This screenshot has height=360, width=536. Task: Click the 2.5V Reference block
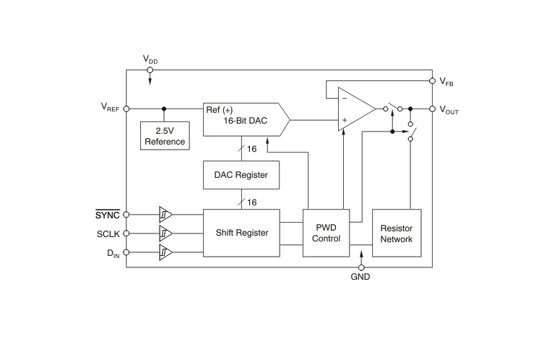tap(165, 136)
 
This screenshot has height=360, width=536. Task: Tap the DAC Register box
tap(241, 174)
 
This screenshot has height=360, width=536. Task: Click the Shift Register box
tap(242, 233)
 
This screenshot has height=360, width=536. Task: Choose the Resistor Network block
tap(396, 233)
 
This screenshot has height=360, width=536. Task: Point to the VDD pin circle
tap(150, 70)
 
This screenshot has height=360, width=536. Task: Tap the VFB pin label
tap(447, 82)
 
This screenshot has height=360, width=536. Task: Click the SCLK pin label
tap(108, 233)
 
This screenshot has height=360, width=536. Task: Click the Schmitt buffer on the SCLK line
tap(165, 233)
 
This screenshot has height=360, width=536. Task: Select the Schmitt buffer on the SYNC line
tap(165, 215)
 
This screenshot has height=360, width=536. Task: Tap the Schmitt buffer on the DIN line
tap(165, 252)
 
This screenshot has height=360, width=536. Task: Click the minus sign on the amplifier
tap(344, 98)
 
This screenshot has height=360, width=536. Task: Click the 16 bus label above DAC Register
tap(252, 148)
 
